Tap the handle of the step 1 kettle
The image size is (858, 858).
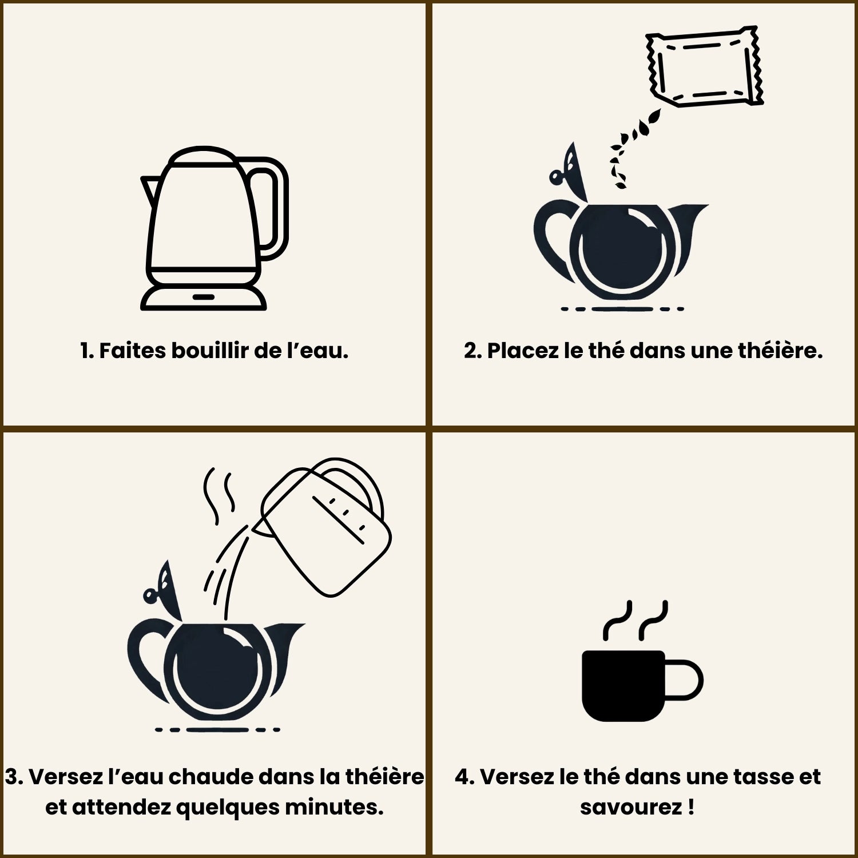[277, 209]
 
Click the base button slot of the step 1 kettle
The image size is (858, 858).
[204, 297]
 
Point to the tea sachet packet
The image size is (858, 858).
[705, 66]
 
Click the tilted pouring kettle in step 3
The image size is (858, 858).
[323, 526]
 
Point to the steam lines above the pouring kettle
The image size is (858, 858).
[220, 495]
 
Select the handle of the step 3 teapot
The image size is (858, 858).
[146, 658]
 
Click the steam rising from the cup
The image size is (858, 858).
[635, 620]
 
